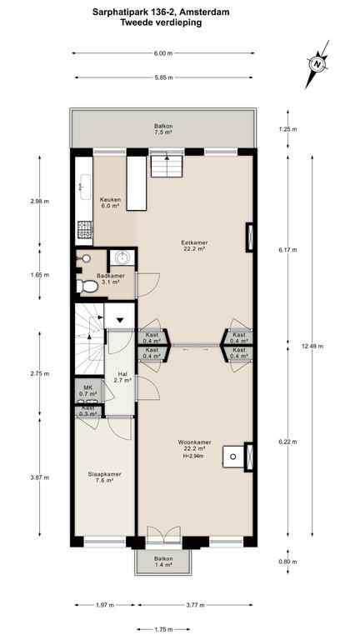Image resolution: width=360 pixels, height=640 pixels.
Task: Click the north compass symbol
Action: pyautogui.click(x=317, y=63)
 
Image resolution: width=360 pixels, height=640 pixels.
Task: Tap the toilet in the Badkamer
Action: pyautogui.click(x=87, y=286)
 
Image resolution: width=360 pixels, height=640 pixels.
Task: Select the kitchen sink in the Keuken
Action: pyautogui.click(x=86, y=187)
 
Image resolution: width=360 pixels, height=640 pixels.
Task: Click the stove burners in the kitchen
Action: pyautogui.click(x=85, y=229)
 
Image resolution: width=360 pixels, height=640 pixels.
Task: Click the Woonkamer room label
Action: pyautogui.click(x=194, y=445)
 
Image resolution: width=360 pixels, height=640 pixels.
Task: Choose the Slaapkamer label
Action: pyautogui.click(x=101, y=477)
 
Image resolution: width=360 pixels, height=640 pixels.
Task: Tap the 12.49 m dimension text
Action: pyautogui.click(x=312, y=346)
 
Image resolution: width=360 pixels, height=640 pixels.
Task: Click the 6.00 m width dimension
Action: pyautogui.click(x=163, y=53)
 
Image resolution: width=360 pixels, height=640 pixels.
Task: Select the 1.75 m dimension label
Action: pyautogui.click(x=163, y=629)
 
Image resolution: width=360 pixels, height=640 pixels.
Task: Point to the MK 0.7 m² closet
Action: pyautogui.click(x=87, y=391)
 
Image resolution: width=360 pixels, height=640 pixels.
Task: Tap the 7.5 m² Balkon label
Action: pyautogui.click(x=162, y=129)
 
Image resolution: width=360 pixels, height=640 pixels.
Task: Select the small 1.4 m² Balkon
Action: pyautogui.click(x=162, y=562)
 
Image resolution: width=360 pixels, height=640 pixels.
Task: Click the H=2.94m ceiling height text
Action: pyautogui.click(x=193, y=456)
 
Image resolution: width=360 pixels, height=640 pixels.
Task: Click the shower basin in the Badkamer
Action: pyautogui.click(x=122, y=257)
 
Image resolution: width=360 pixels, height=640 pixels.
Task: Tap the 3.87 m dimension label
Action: pyautogui.click(x=40, y=477)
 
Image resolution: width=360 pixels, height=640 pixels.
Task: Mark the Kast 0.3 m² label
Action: pyautogui.click(x=88, y=411)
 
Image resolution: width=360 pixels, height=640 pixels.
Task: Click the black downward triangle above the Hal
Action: pyautogui.click(x=120, y=319)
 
